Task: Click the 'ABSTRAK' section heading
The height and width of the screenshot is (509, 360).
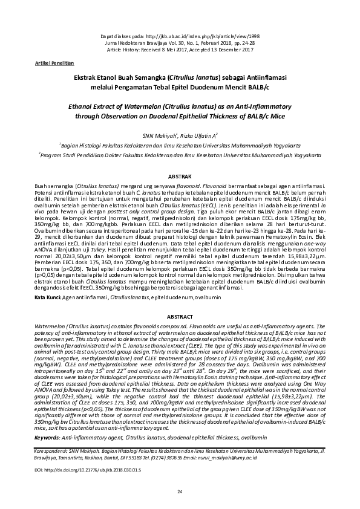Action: tap(180, 175)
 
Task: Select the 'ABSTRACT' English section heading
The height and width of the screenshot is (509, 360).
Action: tap(180, 316)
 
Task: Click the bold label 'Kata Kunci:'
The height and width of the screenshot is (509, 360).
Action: tap(48, 298)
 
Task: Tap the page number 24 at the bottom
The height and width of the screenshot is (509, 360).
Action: tap(180, 493)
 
